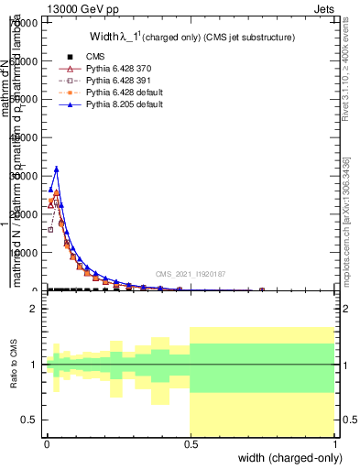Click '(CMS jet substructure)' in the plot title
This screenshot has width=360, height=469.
[243, 38]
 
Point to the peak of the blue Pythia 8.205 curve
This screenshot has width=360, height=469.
[56, 169]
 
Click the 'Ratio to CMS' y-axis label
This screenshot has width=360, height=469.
[12, 365]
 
